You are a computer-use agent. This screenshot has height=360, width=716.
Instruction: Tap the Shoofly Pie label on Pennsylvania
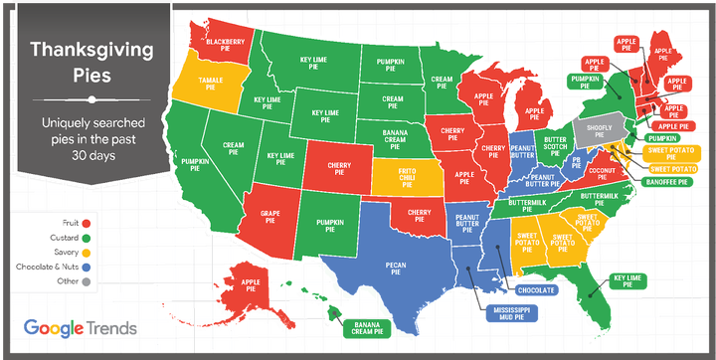[x=610, y=128]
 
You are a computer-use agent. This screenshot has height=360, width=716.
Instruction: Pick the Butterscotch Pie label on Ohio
[x=554, y=144]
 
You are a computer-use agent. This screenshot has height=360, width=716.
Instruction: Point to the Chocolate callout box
[x=537, y=290]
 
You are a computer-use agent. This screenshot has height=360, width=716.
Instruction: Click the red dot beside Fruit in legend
[x=88, y=222]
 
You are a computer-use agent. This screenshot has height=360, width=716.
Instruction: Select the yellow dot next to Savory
[x=88, y=253]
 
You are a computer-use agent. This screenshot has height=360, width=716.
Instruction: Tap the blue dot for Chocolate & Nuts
[x=88, y=268]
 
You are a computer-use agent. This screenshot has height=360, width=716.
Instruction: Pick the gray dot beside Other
[x=88, y=282]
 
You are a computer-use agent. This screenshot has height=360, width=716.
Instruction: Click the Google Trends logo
[x=80, y=327]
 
